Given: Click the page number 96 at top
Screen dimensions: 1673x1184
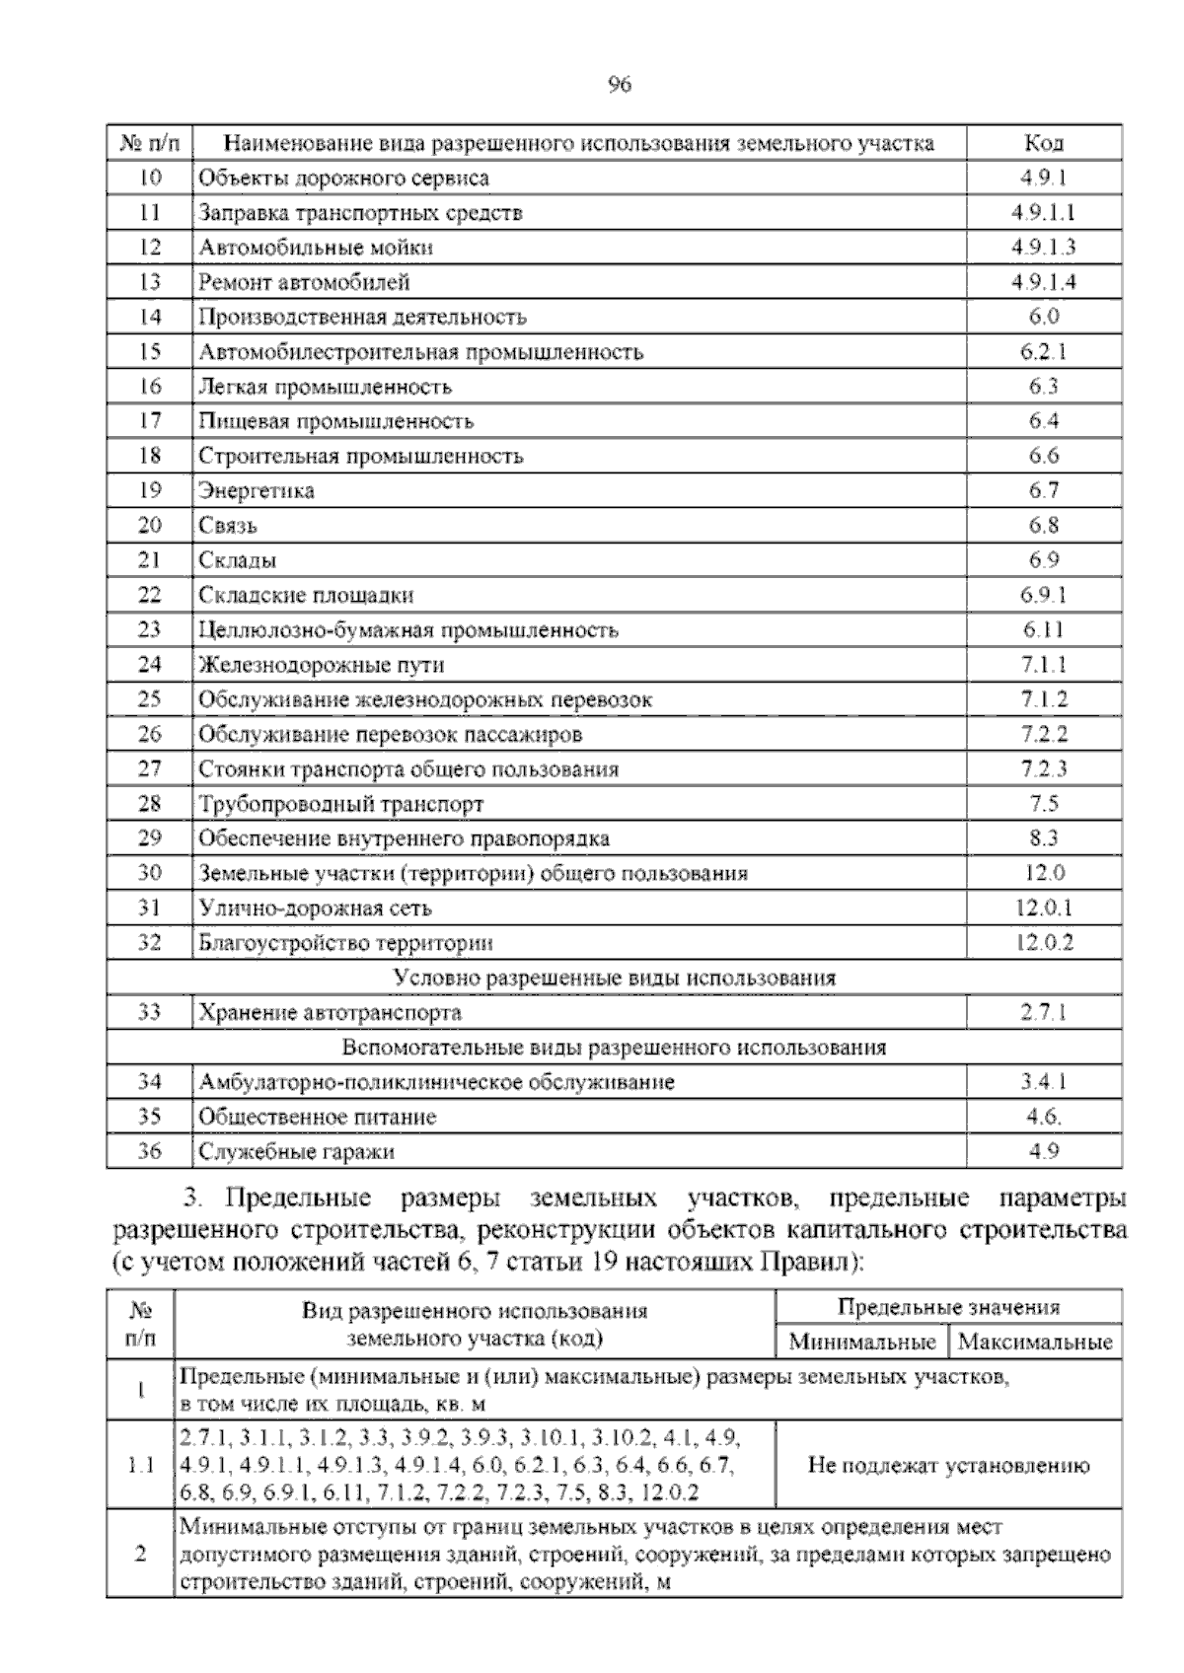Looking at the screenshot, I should click(619, 85).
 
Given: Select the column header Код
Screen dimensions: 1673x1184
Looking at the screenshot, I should click(1044, 143).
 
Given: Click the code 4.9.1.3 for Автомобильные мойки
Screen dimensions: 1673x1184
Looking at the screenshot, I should click(1043, 248).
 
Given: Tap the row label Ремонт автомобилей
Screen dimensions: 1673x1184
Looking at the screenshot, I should click(304, 283).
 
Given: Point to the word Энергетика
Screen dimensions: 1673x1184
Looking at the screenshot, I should click(257, 491).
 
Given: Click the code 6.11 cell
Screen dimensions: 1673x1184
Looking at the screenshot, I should click(1043, 630).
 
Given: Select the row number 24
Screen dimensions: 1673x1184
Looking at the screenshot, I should click(149, 665).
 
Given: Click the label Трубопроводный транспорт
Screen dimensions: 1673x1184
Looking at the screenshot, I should click(341, 804).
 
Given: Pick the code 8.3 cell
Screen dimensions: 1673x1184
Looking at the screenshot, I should click(1043, 838).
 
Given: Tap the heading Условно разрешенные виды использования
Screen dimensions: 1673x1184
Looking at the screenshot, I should click(614, 979).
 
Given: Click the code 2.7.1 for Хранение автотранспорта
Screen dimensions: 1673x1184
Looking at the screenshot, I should click(1043, 1013).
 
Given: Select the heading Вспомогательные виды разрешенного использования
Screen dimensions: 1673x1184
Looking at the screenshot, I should click(614, 1048).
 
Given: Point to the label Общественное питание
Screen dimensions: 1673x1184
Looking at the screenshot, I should click(317, 1118).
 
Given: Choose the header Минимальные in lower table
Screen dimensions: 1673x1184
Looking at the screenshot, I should click(861, 1343).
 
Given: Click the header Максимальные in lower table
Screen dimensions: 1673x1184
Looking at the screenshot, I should click(1034, 1343).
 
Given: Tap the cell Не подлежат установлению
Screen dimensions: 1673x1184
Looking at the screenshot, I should click(948, 1466).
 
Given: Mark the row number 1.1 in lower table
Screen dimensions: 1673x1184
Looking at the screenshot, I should click(140, 1466).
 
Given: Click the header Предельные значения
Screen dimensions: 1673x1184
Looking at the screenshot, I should click(948, 1308).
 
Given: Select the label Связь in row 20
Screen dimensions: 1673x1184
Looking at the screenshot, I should click(228, 526).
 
